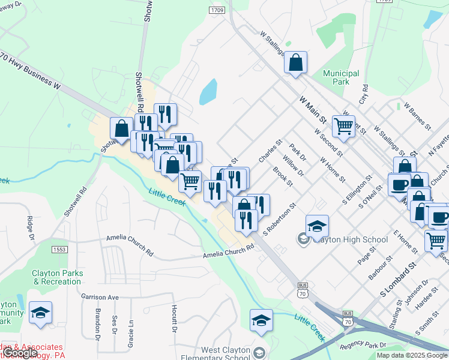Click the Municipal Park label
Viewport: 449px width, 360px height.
pos(341,77)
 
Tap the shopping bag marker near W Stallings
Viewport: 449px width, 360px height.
pos(295,63)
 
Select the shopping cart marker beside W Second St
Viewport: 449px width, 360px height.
pos(343,127)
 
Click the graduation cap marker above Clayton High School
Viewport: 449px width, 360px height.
pos(317,227)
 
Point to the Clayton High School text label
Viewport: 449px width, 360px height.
pos(350,240)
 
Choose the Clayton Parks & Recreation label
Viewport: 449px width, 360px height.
pos(58,277)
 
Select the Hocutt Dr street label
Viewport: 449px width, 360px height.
pos(174,318)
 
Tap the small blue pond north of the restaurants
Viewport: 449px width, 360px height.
pos(208,92)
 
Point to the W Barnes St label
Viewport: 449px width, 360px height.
pos(418,116)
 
